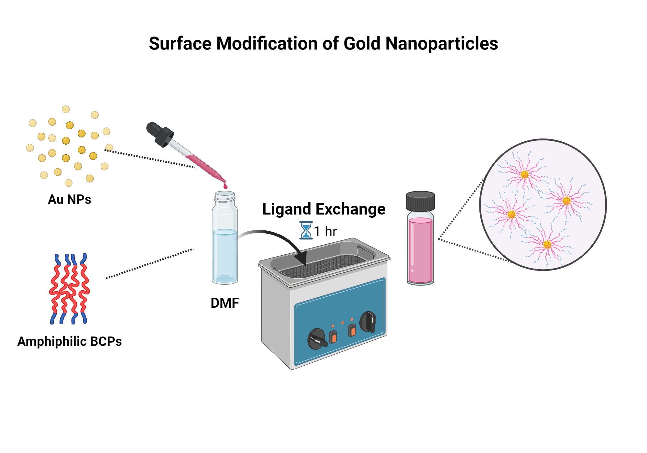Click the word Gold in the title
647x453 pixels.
click(362, 44)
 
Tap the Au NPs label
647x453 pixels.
click(70, 199)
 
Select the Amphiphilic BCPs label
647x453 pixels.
click(70, 342)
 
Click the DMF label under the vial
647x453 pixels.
click(225, 303)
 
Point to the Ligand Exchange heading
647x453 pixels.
click(324, 209)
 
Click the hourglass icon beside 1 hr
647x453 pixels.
click(306, 230)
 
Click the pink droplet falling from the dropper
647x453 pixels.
click(225, 186)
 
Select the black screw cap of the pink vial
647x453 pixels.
click(420, 201)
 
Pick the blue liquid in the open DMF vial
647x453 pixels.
click(225, 256)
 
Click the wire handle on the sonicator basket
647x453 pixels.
click(365, 251)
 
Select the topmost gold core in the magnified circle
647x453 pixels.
click(525, 175)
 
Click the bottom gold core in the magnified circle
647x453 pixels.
click(547, 245)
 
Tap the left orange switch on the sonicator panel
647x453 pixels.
click(333, 337)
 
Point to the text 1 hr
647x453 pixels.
click(325, 232)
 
